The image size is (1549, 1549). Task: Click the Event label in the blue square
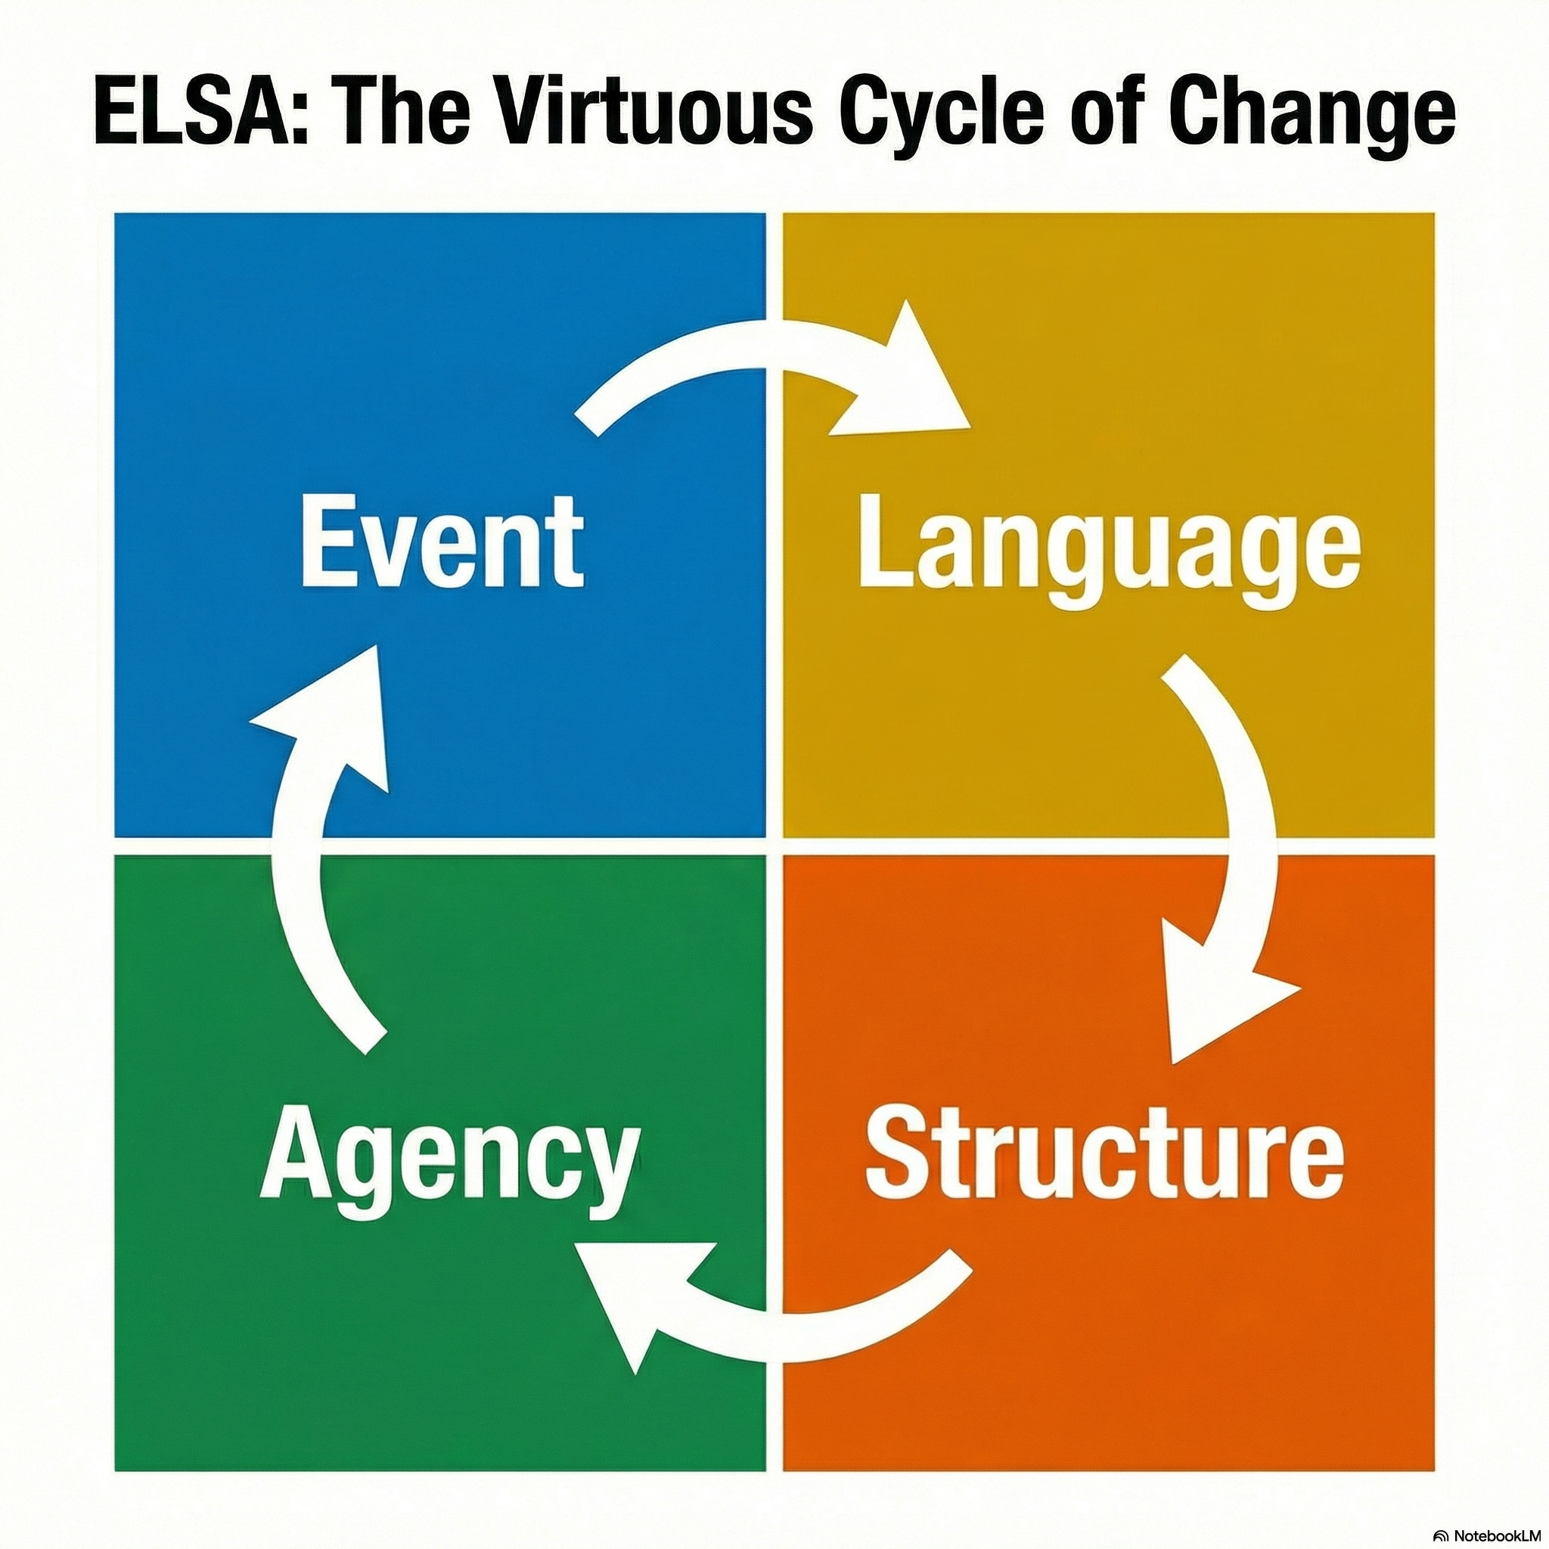442,543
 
